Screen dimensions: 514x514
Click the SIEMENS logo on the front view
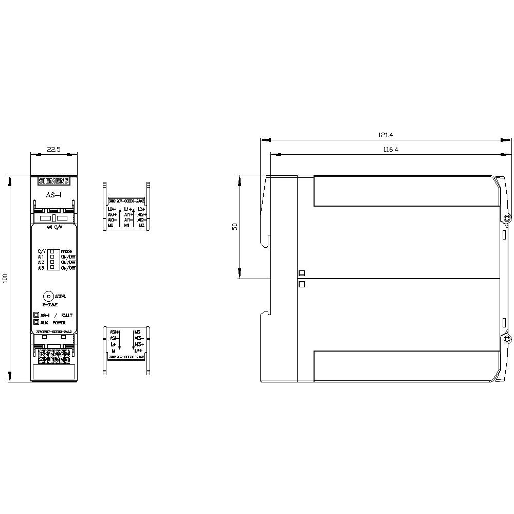coord(53,181)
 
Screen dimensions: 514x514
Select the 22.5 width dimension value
coord(53,149)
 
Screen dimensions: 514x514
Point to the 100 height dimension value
coord(5,279)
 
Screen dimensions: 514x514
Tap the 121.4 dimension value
coord(385,135)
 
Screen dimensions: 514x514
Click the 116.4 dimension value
coord(390,150)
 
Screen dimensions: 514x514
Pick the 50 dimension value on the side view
coord(234,227)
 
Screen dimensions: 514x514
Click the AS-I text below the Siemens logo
coord(53,196)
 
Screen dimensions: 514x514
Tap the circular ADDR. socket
coord(48,296)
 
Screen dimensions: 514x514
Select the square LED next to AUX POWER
coord(36,322)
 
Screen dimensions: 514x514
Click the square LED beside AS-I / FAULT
coord(36,315)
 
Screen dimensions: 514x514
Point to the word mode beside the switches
coord(66,251)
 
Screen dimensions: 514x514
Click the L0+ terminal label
coord(112,209)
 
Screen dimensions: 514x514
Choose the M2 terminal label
coord(142,225)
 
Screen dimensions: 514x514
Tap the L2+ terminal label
coord(142,209)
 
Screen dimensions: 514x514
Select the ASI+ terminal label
coord(114,332)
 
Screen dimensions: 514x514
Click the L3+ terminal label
coord(139,350)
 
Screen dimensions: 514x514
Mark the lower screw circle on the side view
coord(507,340)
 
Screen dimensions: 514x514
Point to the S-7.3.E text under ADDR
coord(51,305)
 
